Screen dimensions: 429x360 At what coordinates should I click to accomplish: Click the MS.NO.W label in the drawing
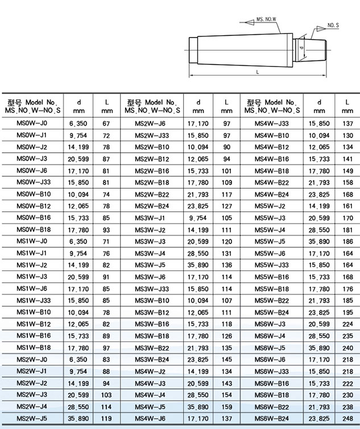pos(266,19)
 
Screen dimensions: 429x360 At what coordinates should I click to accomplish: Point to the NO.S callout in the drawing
pos(333,26)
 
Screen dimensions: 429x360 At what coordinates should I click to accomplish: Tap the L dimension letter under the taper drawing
pos(258,72)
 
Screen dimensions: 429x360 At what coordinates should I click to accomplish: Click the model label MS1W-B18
pos(34,347)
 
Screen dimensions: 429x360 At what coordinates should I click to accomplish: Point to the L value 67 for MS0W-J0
pos(106,123)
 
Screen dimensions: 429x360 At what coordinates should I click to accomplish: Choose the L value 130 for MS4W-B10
pos(347,135)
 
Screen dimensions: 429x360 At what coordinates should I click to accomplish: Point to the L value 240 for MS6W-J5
pos(347,347)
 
